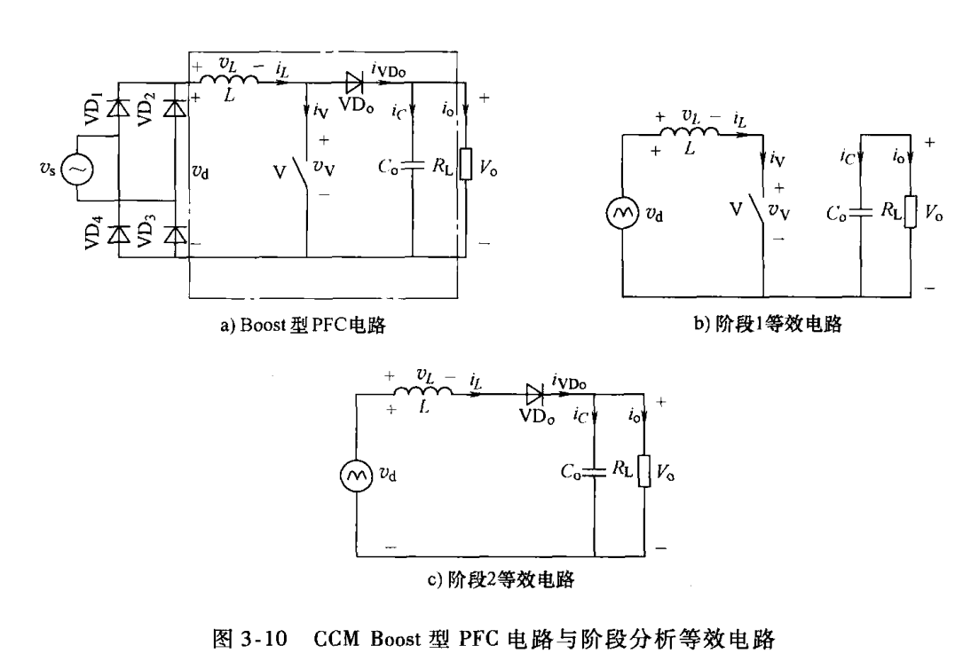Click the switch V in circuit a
306,169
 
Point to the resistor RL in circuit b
910,213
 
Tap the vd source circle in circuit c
355,475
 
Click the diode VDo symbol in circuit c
534,392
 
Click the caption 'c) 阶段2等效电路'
501,580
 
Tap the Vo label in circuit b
933,213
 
